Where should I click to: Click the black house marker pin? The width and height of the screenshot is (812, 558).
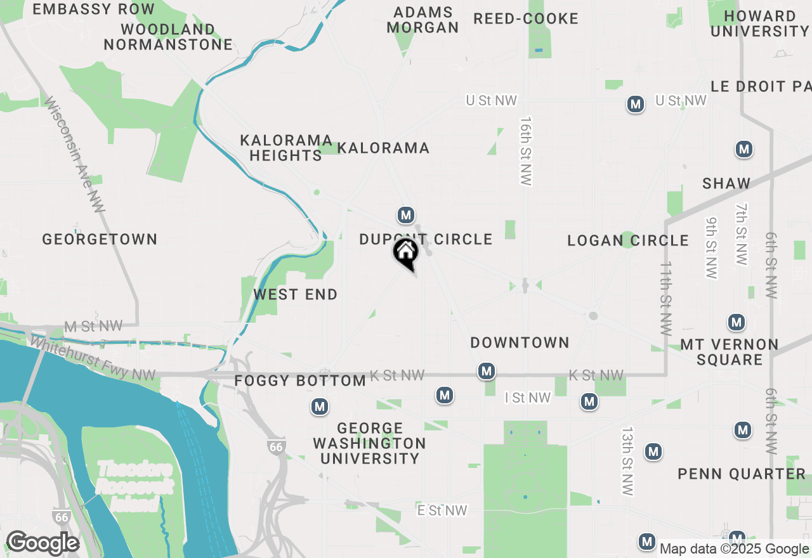point(406,252)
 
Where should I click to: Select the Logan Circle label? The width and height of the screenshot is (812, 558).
point(628,240)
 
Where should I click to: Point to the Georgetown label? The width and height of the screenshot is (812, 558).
point(100,239)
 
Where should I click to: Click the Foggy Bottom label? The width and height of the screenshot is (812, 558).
point(300,381)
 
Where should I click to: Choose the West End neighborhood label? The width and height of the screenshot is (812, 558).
point(296,295)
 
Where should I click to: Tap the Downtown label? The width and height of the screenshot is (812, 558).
point(520,343)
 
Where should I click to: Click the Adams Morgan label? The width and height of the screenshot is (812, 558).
point(423,20)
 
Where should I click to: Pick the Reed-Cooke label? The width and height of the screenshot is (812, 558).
point(526,19)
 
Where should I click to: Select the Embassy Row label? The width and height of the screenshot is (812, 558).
point(93,9)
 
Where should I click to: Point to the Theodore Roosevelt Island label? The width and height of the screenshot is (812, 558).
point(134,487)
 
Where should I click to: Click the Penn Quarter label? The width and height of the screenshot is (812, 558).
point(742,474)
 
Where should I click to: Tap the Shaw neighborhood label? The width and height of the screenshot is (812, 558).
point(726,184)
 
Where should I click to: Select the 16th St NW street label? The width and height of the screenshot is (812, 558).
point(525,151)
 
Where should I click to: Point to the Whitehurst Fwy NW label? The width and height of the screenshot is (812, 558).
point(93,359)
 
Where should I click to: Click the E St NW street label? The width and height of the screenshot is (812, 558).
point(442,510)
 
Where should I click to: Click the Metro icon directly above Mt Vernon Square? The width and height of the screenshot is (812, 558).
point(737,322)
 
